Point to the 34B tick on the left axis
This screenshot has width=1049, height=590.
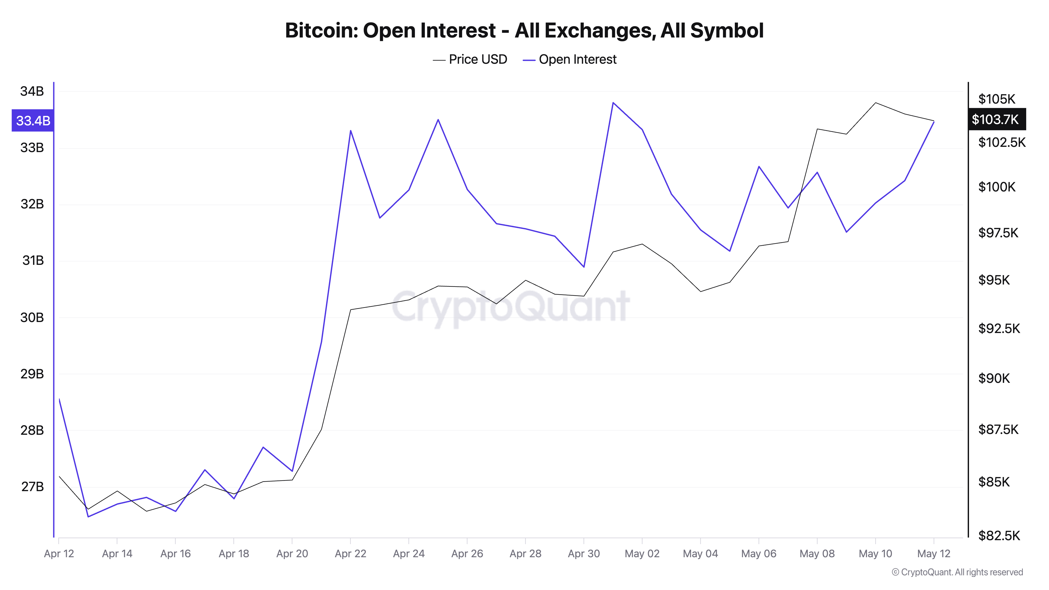[x=32, y=91]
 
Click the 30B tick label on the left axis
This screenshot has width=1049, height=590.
[x=32, y=318]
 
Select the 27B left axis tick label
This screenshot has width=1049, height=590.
[x=32, y=487]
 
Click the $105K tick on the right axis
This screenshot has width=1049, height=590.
[x=997, y=99]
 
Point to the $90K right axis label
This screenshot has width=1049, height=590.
[x=994, y=378]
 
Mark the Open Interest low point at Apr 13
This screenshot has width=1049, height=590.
[x=88, y=517]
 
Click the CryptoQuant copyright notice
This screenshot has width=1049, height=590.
[x=957, y=572]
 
